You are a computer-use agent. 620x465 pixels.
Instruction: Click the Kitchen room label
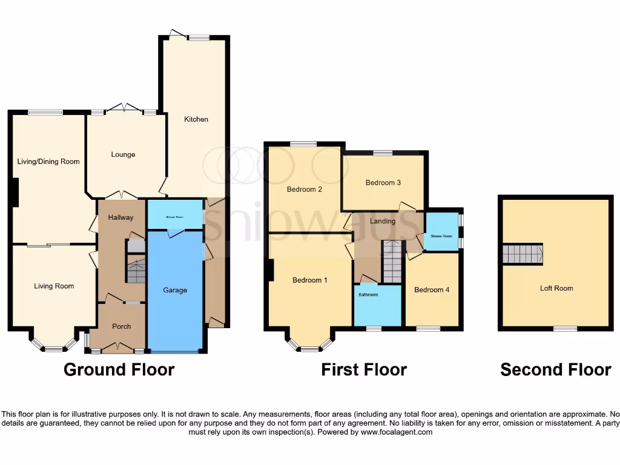(x=196, y=119)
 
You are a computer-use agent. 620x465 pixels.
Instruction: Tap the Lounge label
(x=123, y=154)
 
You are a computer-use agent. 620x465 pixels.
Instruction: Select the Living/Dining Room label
(x=48, y=162)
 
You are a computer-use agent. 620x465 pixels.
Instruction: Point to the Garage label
(x=175, y=290)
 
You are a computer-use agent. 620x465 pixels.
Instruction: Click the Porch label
(x=122, y=326)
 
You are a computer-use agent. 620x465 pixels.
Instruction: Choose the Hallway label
(x=120, y=217)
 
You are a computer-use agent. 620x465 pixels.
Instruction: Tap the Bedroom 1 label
(x=309, y=280)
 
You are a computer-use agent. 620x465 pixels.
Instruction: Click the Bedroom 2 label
(x=304, y=189)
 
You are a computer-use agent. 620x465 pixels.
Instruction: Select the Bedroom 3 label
(x=383, y=182)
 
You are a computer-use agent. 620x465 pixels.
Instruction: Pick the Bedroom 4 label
(x=432, y=289)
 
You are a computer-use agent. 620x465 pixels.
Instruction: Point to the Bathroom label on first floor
(x=368, y=295)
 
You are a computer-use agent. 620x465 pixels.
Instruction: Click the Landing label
(x=383, y=221)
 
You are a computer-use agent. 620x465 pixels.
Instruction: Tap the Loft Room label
(x=556, y=288)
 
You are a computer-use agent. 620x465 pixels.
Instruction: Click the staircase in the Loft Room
(x=522, y=254)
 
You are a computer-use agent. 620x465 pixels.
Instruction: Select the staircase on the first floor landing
(x=392, y=262)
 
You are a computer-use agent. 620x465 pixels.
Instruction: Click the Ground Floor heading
(x=119, y=369)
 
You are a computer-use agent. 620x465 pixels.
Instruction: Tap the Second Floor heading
(x=555, y=369)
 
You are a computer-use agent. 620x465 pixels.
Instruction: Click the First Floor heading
(x=364, y=369)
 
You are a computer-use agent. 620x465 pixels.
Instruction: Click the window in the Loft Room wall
(x=566, y=328)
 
